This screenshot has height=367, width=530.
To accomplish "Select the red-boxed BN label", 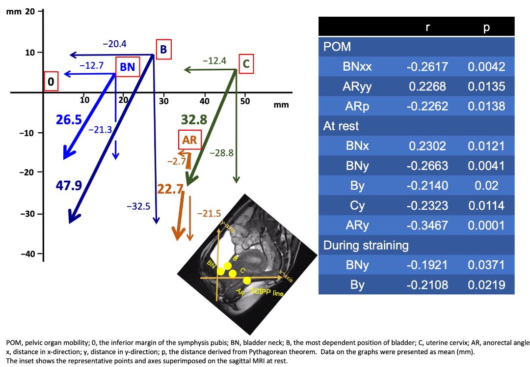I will click(x=128, y=67).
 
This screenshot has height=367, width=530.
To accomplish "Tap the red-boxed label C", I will click(x=246, y=63).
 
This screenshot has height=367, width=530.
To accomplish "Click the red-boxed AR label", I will click(x=189, y=140).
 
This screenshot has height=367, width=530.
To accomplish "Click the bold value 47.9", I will click(x=69, y=185).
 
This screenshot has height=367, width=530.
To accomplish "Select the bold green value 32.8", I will click(x=194, y=119).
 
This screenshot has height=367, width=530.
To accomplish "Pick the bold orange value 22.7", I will click(x=170, y=188).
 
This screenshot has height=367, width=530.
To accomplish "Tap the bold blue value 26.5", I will click(x=68, y=120).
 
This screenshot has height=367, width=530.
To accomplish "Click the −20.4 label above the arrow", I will click(x=114, y=44).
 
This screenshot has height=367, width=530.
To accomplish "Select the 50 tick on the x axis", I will click(x=245, y=101).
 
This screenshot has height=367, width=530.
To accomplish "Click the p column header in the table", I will click(x=486, y=27).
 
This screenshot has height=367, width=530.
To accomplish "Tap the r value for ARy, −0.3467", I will click(x=426, y=226).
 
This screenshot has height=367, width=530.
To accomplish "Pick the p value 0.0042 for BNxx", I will click(x=486, y=67).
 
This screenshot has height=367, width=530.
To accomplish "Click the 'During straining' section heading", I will click(x=366, y=245).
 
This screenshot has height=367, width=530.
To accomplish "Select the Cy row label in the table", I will click(x=357, y=205).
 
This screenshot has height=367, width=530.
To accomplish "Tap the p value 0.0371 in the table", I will click(x=486, y=265).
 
